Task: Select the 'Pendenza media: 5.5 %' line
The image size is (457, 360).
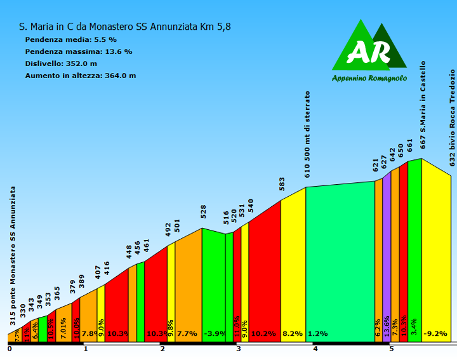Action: [71, 39]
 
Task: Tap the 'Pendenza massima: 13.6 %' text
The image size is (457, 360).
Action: [79, 51]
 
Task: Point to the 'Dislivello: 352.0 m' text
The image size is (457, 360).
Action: [61, 63]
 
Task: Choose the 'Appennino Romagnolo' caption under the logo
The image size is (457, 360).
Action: [369, 78]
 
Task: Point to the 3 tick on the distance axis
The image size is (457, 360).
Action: [239, 349]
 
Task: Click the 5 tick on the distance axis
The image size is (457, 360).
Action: [392, 349]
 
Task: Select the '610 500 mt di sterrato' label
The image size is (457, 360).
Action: [308, 133]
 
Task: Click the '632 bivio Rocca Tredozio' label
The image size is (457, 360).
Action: [453, 108]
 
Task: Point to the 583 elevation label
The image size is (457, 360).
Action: [282, 183]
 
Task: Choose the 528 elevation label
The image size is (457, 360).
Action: [204, 211]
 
